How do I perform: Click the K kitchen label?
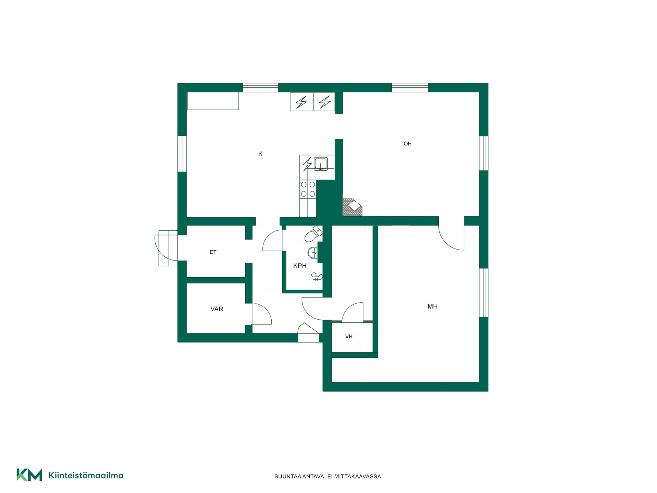[260, 154]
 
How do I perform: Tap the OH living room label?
[408, 144]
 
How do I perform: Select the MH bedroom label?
[433, 307]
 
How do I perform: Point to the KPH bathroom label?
[300, 266]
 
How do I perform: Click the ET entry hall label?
[213, 252]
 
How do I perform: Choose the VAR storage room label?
[217, 309]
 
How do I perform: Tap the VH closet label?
[349, 337]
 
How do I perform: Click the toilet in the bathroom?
[313, 234]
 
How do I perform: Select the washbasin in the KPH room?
[313, 253]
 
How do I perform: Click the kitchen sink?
[321, 164]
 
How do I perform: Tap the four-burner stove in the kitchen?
[308, 189]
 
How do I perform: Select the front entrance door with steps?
[166, 248]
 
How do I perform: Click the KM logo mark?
[29, 475]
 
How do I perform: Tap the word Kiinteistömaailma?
[86, 475]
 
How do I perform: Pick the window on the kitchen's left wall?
[182, 154]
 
